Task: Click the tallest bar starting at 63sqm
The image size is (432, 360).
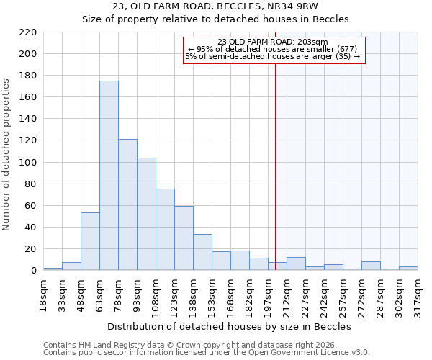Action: click(109, 176)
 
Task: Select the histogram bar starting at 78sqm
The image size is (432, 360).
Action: click(127, 205)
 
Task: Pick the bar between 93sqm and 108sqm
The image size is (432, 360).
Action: click(146, 214)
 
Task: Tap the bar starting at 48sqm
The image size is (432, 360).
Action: click(90, 241)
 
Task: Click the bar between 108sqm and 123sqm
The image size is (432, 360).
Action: click(165, 230)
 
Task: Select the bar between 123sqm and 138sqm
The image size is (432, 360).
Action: click(184, 238)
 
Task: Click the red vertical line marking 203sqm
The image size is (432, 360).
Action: click(275, 180)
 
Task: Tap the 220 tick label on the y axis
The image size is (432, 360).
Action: click(28, 32)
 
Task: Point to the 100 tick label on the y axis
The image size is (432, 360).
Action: click(28, 163)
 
